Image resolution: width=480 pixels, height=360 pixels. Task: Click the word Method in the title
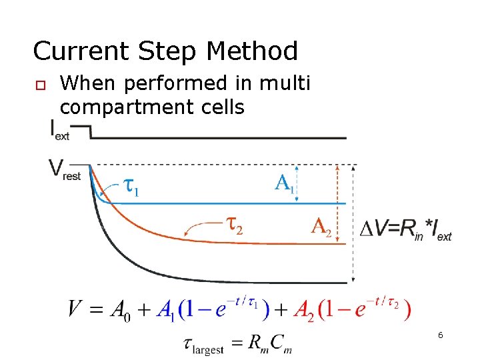coord(253,51)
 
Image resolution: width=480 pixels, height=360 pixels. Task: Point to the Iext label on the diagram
coord(60,130)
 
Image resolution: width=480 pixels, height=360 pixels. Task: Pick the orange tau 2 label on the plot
coord(233,227)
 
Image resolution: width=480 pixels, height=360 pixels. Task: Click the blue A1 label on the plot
coord(285,183)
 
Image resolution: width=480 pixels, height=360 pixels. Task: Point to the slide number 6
coord(441,335)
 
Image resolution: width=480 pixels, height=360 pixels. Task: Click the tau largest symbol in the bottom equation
coord(203,345)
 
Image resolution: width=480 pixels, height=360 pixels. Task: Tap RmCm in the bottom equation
coord(270,344)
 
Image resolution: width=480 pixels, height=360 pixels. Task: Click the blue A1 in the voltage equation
coord(165,310)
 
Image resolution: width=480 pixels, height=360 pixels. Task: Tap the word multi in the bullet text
coord(285,84)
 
